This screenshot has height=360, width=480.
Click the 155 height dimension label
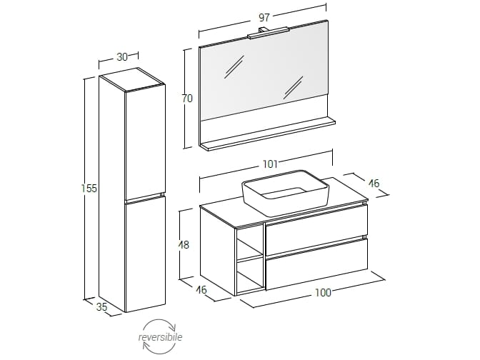point(89,189)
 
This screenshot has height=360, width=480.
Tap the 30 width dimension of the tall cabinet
point(122,57)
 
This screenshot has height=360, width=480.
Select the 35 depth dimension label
point(102,306)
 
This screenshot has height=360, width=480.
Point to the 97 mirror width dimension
point(264,17)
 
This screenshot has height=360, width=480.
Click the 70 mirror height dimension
point(187,99)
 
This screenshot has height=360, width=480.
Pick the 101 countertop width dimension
point(270,164)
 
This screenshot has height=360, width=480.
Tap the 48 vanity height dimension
point(184,245)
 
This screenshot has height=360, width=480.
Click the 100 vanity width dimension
point(324,293)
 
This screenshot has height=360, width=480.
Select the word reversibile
point(160,337)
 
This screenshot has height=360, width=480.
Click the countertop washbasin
point(285,193)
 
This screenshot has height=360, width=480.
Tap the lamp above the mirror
point(269,33)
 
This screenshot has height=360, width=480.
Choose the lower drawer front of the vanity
point(316,264)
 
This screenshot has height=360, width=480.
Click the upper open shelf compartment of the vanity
point(249,242)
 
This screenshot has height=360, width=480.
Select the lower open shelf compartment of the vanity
point(249,276)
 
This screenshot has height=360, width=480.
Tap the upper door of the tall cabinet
point(145,142)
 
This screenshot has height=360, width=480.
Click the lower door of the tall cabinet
point(145,254)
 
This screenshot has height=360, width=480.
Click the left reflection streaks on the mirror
point(234,66)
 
